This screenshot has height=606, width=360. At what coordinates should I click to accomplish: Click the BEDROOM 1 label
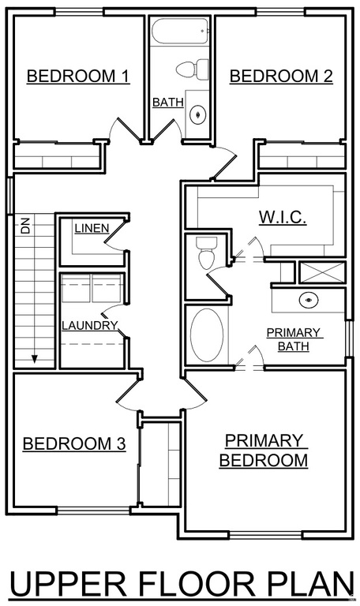(x=78, y=77)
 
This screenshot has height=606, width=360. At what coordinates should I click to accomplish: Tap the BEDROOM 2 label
(x=281, y=77)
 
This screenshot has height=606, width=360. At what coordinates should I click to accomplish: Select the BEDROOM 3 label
(x=73, y=444)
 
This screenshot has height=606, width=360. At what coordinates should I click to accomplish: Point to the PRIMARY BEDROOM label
(x=264, y=451)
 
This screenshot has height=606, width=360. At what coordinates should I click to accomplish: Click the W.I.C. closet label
(x=282, y=217)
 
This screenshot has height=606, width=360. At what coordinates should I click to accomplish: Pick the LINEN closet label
(x=92, y=228)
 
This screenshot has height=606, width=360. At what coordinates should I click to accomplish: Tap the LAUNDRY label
(x=89, y=325)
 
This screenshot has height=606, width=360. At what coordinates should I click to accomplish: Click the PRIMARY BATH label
(x=293, y=339)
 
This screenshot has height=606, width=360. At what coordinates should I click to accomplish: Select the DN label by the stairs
(x=26, y=227)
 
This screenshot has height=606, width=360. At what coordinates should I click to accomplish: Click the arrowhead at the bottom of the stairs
(x=35, y=359)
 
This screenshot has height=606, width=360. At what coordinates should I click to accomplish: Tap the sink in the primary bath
(x=309, y=300)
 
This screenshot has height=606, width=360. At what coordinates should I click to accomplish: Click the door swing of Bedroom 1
(x=125, y=129)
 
